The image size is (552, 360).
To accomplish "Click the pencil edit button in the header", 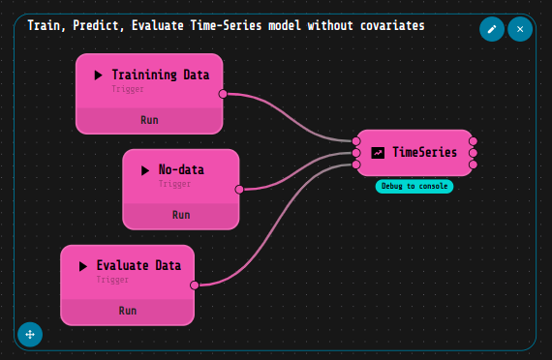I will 492,29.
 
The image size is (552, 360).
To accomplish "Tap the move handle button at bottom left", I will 30,334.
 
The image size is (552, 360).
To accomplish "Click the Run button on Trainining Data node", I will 149,120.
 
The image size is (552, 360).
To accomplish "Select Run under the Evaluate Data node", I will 127,311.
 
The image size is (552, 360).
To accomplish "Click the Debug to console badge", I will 414,186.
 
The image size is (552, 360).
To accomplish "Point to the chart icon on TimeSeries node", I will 378,152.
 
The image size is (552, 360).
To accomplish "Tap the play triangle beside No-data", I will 145,169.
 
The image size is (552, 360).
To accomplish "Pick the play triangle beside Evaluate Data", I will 83,265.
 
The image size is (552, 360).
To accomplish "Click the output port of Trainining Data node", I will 223,94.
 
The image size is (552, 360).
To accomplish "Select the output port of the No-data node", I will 238,189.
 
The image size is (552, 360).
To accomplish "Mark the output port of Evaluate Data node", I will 195,285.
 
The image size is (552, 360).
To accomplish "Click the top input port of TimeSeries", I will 356,141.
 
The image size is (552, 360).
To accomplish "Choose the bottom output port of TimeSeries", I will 473,164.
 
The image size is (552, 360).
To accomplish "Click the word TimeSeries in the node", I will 424,152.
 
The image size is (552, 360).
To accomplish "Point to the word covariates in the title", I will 389,26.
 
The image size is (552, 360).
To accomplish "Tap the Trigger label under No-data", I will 174,183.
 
